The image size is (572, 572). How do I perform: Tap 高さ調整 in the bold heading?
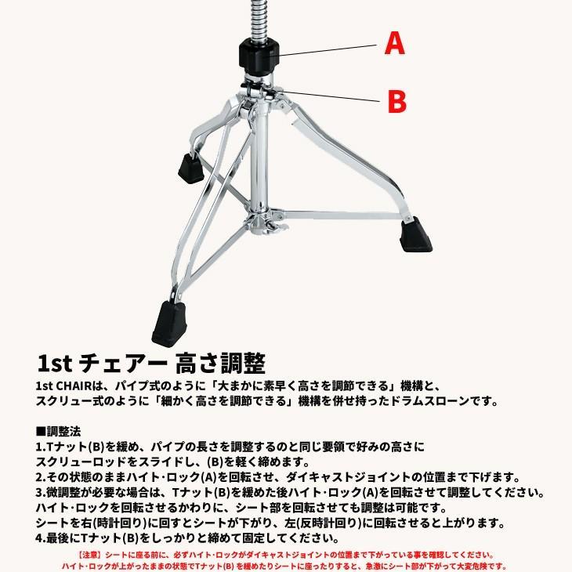[x=223, y=362]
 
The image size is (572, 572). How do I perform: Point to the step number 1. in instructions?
[x=42, y=447]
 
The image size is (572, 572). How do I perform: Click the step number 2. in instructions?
[x=42, y=477]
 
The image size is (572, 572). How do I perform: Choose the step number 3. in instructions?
[x=42, y=493]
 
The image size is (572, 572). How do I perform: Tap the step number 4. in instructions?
[x=42, y=538]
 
